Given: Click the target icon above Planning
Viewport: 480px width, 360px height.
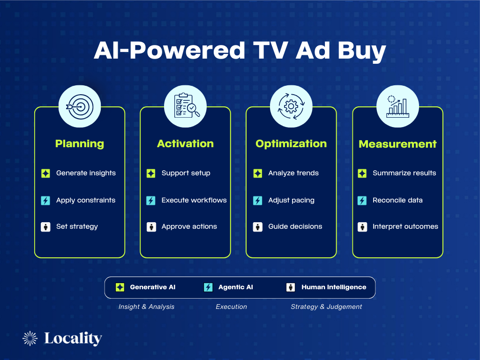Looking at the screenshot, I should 79,106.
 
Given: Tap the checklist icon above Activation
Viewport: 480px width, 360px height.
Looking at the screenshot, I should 185,106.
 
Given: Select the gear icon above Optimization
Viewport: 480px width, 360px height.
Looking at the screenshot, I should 291,106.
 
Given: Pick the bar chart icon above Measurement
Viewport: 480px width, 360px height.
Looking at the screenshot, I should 397,106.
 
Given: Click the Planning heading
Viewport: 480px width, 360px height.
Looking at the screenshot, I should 80,144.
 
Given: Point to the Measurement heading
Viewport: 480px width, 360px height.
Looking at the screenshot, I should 397,144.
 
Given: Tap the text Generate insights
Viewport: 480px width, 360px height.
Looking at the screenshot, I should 86,173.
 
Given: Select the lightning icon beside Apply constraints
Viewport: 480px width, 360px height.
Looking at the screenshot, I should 45,201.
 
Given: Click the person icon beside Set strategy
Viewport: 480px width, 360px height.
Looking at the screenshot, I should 45,227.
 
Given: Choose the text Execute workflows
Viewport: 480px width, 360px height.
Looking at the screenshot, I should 194,200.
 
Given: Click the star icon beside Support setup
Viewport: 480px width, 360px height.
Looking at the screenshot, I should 151,173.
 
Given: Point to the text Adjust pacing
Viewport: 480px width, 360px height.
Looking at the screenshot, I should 291,200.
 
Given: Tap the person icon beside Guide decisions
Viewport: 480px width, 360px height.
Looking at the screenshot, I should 258,227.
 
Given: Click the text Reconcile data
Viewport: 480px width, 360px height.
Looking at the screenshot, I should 397,200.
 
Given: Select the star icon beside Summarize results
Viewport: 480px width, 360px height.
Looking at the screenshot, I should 362,173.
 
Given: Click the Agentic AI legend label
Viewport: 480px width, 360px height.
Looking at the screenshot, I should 235,287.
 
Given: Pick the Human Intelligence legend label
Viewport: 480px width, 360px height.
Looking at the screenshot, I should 334,287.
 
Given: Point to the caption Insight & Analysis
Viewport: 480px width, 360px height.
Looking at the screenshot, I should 146,307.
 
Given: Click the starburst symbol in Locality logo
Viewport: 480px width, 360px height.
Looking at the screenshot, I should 30,338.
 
